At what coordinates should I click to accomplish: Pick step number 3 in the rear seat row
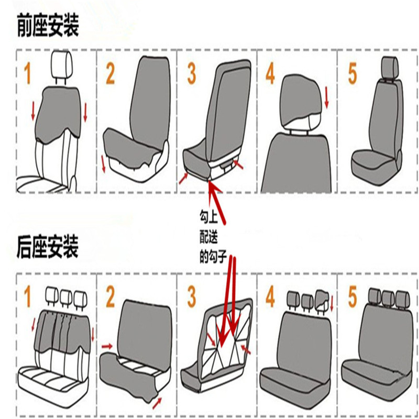[x=192, y=297]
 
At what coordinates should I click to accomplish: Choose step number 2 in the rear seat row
[x=111, y=297]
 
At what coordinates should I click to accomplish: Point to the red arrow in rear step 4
[x=333, y=302]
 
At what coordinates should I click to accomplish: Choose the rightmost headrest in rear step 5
[x=401, y=297]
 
